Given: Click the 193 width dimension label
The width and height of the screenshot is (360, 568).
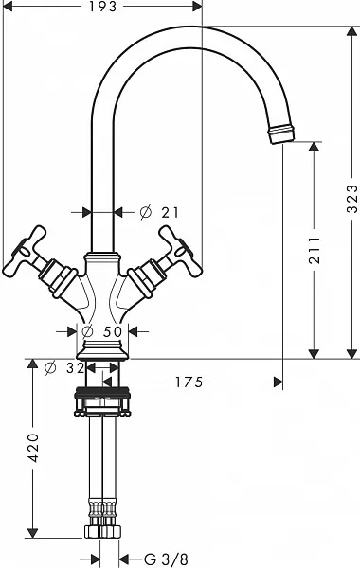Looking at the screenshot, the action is click(103, 7).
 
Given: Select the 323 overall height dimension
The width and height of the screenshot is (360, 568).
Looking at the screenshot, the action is click(352, 199).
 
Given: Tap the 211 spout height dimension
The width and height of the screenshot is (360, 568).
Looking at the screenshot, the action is click(315, 250).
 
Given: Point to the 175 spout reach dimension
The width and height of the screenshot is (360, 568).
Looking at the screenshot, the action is click(189, 382).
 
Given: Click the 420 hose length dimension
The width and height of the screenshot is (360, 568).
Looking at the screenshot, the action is click(33, 448).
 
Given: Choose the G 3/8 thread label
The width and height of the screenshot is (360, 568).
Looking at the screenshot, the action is click(166, 559).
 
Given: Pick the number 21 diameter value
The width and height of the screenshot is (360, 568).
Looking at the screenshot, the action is click(170, 213).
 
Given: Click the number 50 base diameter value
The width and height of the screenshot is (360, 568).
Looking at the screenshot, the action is click(113, 331).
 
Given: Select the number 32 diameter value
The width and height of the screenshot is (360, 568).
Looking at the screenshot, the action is click(76, 368).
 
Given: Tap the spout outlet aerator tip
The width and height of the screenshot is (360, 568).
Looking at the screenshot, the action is click(281, 133).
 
